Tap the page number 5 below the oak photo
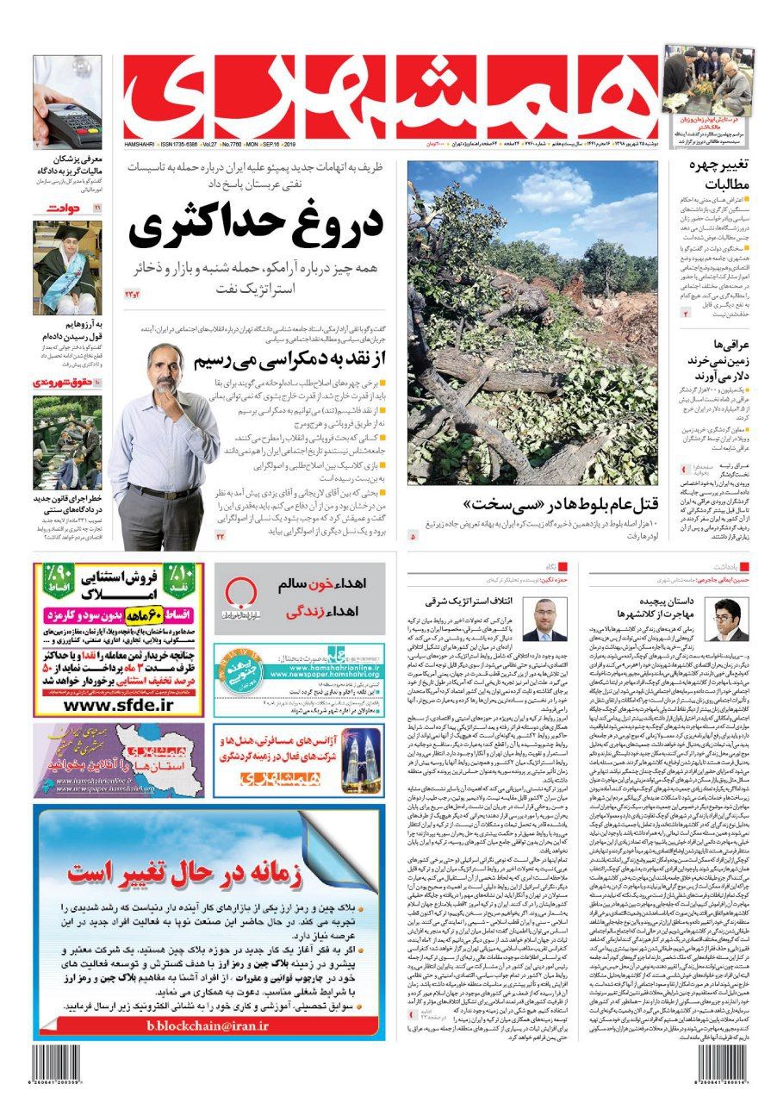click(413, 536)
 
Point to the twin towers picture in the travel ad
click(362, 759)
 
